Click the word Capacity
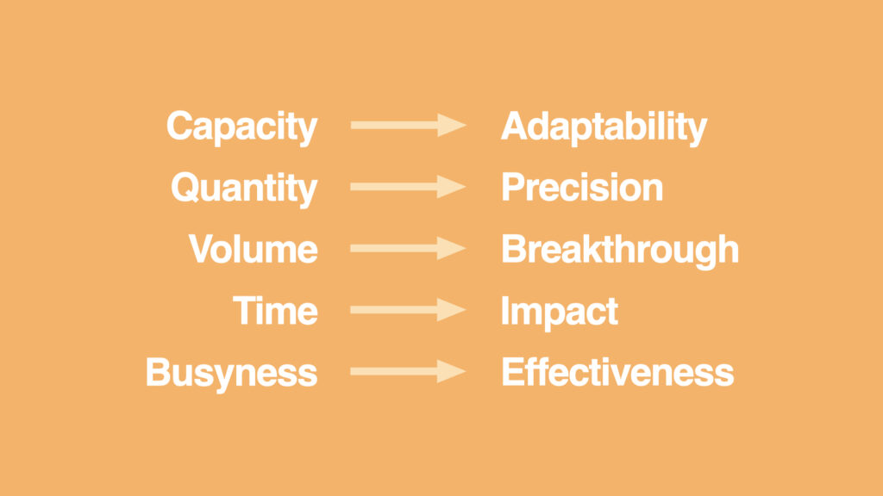pos(241,127)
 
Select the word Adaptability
pos(604,127)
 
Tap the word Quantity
pos(244,188)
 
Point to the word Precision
pos(582,188)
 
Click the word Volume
pos(254,250)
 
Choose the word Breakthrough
pos(620,250)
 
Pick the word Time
pos(275,311)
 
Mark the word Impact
pos(560,311)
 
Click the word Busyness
pos(231,373)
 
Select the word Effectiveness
pos(617,373)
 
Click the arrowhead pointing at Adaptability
pos(451,126)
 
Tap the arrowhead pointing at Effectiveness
pos(451,372)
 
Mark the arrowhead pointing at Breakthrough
pos(451,249)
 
